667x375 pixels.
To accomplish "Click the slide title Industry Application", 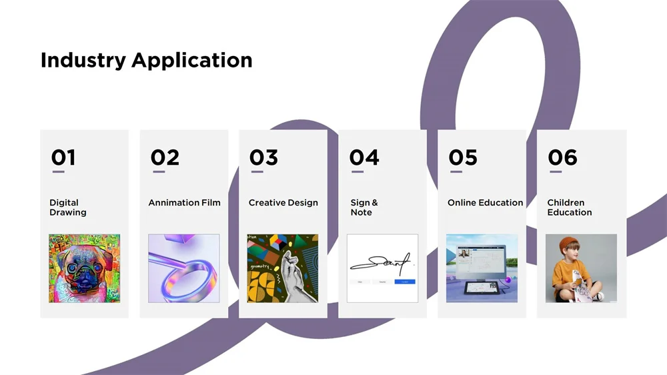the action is tap(146, 61).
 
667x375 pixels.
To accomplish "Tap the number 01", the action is tap(63, 157).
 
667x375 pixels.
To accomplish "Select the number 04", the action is tap(364, 157).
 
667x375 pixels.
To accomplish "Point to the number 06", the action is tap(562, 157).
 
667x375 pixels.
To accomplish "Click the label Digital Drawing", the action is tap(68, 208).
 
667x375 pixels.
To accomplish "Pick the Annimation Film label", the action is tap(184, 203).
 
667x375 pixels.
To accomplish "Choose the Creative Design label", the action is tap(283, 203).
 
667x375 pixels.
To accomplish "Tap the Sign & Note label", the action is tap(364, 208).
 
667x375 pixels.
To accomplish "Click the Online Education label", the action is tap(486, 203).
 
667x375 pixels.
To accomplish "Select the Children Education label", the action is tap(570, 208).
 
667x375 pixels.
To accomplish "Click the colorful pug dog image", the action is tap(84, 268).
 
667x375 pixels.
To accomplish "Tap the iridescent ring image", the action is tap(184, 268).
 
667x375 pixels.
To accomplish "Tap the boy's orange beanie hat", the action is tap(570, 244).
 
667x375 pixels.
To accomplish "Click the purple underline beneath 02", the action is tap(159, 172).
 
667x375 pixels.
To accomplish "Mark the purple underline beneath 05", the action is tap(456, 172).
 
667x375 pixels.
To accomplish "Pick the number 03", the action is tap(263, 157).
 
